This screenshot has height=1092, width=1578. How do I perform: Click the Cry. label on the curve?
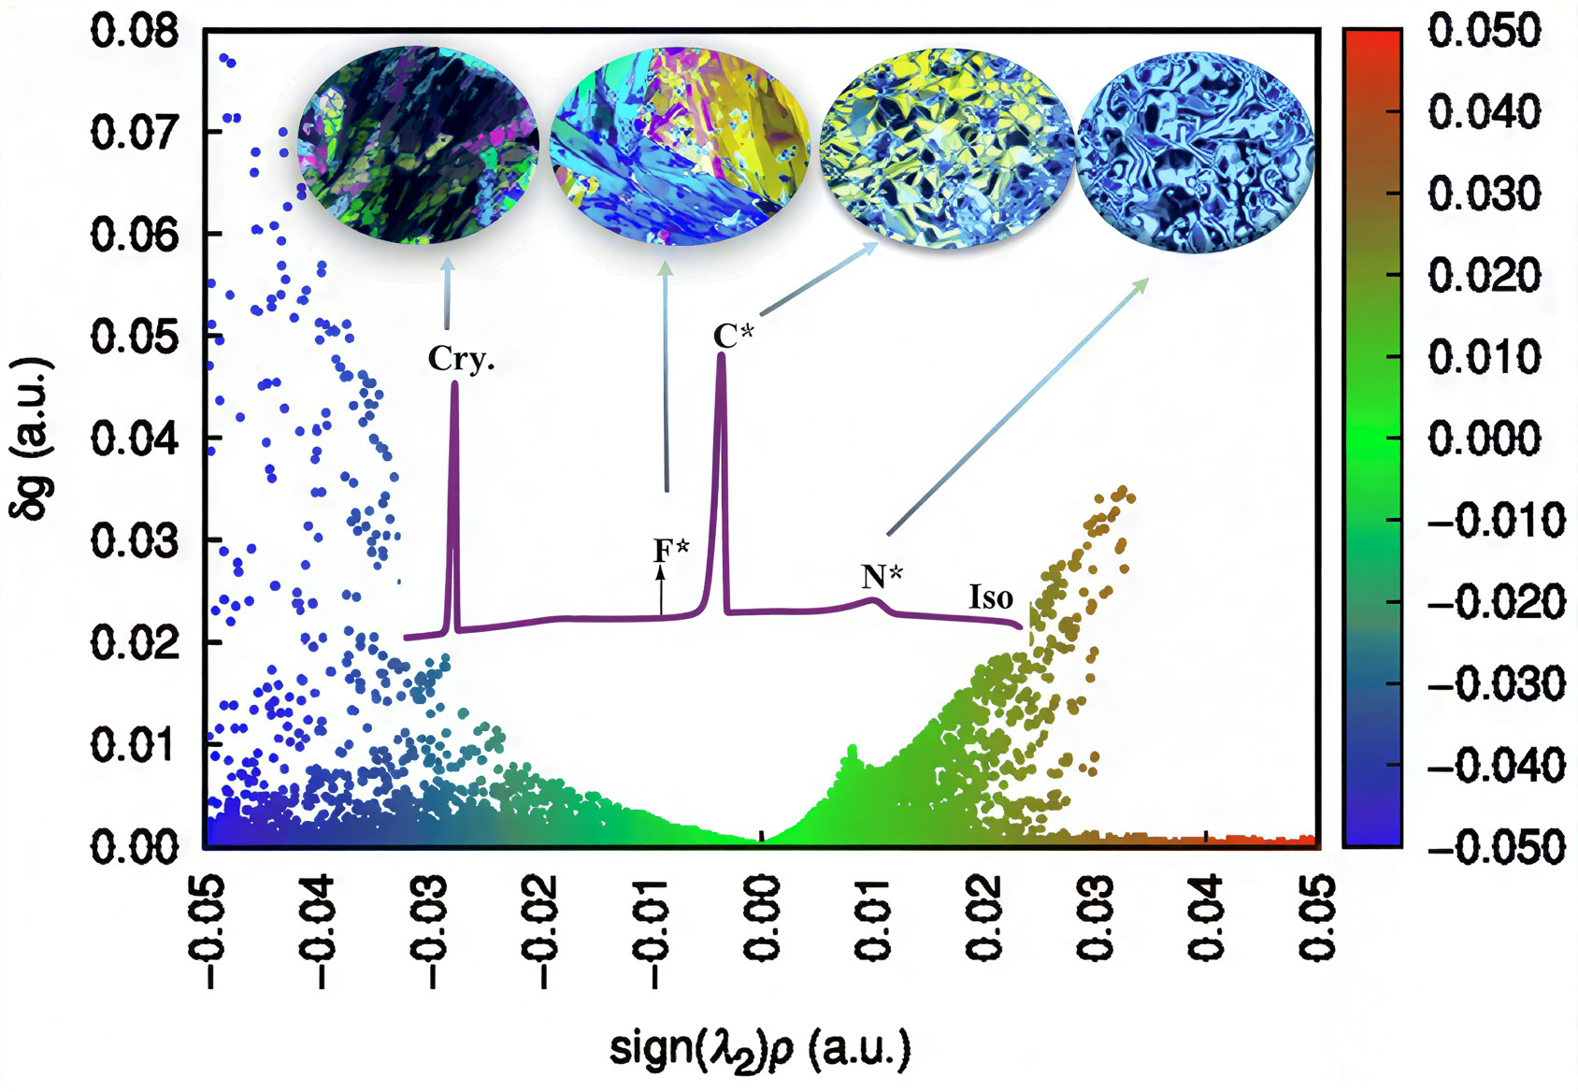point(461,358)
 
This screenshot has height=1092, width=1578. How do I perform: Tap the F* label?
point(670,549)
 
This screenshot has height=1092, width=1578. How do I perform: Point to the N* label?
point(882,576)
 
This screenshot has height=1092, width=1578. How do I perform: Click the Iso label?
point(990,597)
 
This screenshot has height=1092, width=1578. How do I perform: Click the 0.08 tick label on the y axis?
point(135,32)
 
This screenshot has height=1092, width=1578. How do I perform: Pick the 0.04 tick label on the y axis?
point(135,438)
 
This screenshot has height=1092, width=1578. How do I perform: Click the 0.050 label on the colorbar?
point(1485,32)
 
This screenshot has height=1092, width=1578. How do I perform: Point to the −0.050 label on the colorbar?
point(1495,847)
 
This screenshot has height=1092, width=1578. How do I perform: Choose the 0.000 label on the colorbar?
point(1485,438)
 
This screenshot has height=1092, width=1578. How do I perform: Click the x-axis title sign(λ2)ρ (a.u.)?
point(759,1048)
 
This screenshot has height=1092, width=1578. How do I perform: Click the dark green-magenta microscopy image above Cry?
point(418,144)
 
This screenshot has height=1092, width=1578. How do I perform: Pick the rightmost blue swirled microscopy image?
point(1196,151)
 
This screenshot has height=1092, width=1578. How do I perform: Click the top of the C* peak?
point(721,356)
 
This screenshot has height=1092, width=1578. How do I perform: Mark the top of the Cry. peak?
point(454,383)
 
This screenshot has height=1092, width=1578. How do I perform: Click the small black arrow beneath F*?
point(661,589)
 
